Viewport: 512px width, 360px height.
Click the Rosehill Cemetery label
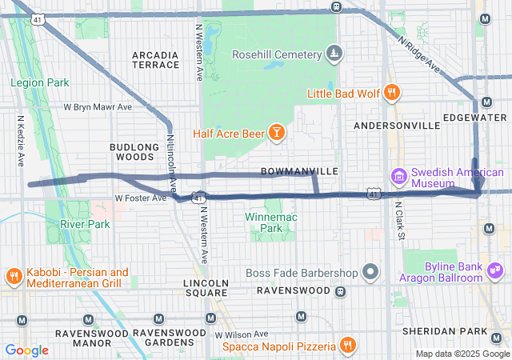(276, 54)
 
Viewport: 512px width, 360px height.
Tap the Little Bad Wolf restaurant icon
(391, 92)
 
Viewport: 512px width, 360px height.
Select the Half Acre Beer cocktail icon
(276, 132)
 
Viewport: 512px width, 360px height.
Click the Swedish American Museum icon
(398, 176)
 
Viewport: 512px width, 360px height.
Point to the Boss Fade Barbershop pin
(370, 272)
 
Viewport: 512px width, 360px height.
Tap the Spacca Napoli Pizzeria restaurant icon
(347, 346)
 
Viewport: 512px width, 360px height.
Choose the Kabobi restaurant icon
(14, 278)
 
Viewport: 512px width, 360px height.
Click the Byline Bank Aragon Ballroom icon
(496, 272)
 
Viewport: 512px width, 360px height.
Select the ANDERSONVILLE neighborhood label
(397, 126)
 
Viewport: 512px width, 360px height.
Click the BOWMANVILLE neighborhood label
(300, 172)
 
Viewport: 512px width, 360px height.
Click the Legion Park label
(39, 82)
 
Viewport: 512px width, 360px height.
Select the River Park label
(85, 224)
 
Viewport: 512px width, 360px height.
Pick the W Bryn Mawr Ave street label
(98, 106)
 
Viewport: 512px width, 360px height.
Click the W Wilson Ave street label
(241, 334)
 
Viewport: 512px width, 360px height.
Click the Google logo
(26, 350)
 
